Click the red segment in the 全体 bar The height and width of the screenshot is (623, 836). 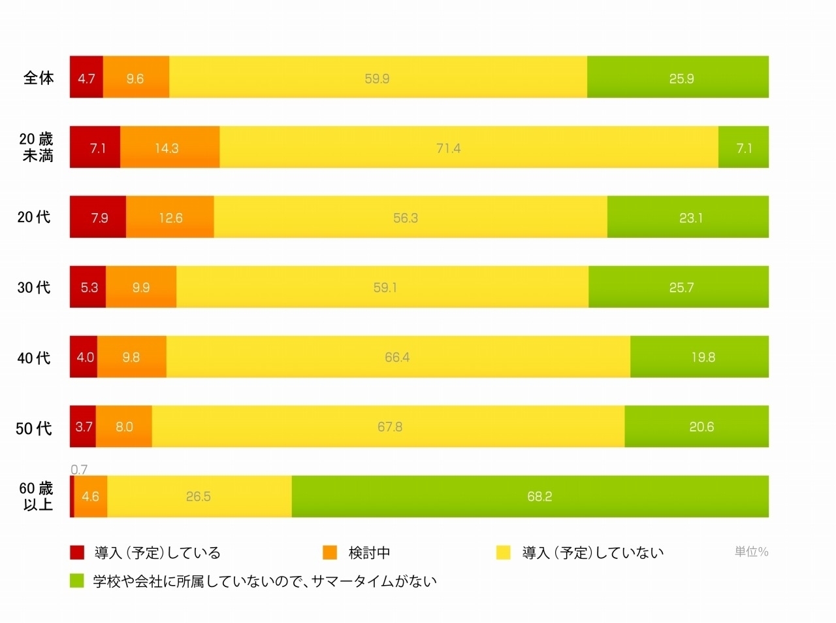[x=86, y=77]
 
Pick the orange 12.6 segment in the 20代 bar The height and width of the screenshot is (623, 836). [x=170, y=217]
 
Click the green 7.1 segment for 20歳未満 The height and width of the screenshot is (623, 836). [x=743, y=147]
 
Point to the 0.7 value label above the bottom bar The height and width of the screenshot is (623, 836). [x=79, y=469]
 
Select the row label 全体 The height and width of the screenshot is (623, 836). [x=39, y=78]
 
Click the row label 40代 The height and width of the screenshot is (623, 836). [x=34, y=358]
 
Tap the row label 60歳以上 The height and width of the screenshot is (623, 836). [x=37, y=496]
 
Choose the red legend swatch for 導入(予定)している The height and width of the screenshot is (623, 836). [x=78, y=552]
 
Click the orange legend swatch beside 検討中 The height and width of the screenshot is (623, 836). [x=330, y=552]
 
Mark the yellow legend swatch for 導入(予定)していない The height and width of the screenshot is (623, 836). [x=503, y=552]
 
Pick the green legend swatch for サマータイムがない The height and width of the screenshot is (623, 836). [x=78, y=581]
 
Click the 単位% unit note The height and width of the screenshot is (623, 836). [x=751, y=552]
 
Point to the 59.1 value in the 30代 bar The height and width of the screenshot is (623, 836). [x=385, y=288]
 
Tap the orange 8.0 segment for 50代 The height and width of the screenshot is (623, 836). [x=124, y=426]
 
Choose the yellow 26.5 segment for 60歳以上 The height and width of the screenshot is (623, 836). [x=199, y=496]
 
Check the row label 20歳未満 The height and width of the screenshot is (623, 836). [x=37, y=147]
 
